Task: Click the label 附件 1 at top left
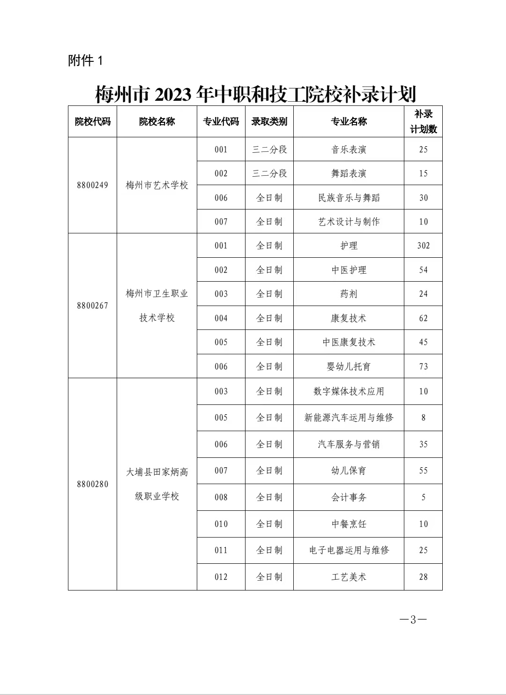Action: click(85, 60)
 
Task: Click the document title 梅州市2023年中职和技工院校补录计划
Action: click(255, 94)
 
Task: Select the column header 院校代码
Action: click(92, 122)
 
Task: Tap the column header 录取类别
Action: click(269, 122)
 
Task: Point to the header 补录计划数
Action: click(423, 121)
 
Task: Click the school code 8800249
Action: click(92, 185)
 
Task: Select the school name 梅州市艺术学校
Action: click(156, 185)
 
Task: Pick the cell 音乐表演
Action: click(349, 149)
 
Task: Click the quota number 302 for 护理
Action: click(423, 246)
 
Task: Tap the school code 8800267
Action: click(92, 306)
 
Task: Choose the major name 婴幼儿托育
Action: click(349, 366)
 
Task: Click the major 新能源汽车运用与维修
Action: click(349, 418)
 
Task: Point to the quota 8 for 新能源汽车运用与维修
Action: click(423, 418)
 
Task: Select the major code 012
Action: click(221, 577)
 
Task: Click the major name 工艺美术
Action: click(349, 577)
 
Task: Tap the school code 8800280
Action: click(92, 484)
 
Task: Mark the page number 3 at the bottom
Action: click(413, 620)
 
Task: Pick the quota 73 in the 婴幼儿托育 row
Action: click(423, 366)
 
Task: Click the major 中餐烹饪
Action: click(349, 524)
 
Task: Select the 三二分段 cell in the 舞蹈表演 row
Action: click(269, 173)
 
